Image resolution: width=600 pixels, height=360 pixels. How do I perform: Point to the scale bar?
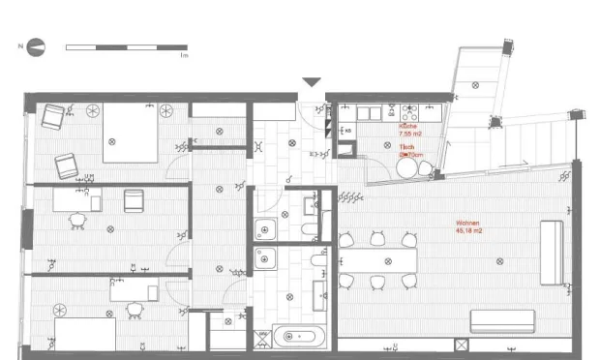point(126,46)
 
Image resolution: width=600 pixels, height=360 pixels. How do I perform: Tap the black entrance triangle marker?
point(312,83)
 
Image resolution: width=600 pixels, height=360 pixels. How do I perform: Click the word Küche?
point(409,127)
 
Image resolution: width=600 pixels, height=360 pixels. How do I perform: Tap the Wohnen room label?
point(468,224)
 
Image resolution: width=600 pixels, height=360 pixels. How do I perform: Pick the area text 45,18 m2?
point(469,231)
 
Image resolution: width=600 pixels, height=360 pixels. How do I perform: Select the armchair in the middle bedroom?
point(134,200)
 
